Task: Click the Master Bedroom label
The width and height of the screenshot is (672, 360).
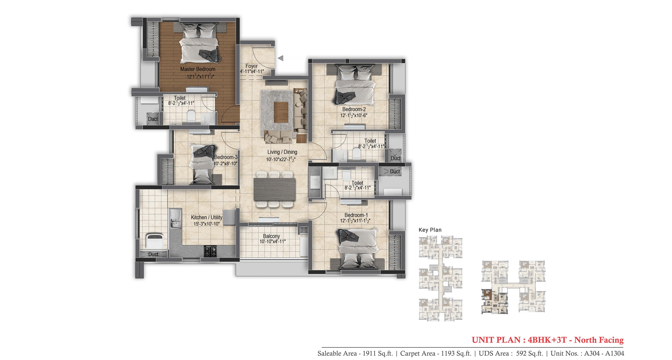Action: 198,69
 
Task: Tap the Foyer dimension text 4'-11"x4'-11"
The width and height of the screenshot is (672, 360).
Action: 252,71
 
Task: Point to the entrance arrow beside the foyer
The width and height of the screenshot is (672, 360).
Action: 281,58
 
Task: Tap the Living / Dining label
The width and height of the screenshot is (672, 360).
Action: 282,152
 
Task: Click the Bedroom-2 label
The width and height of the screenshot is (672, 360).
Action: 354,109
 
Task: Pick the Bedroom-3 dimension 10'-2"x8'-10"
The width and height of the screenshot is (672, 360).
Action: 225,164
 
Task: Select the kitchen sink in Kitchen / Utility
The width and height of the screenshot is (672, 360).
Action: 175,219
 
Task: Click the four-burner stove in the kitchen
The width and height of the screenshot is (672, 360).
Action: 210,251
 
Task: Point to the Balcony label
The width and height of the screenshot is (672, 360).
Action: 271,236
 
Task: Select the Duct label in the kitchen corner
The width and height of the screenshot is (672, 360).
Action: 153,254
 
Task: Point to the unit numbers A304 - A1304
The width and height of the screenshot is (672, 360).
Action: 604,353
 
